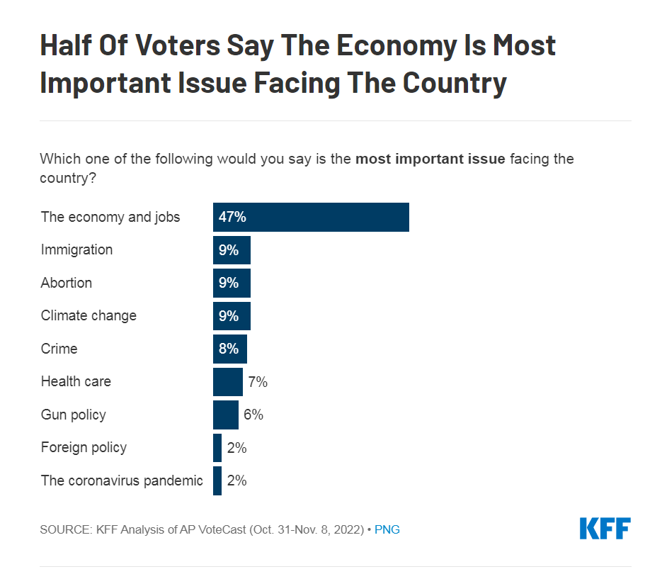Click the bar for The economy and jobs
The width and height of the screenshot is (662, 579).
pos(333,217)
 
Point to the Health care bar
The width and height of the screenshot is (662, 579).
pos(228,382)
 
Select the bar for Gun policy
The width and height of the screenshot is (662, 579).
pos(226,415)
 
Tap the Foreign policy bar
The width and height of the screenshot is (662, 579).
pos(217,448)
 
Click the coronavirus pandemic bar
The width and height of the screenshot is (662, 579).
pos(217,480)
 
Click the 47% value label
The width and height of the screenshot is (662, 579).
pos(232,217)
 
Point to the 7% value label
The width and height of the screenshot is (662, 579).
pos(258,382)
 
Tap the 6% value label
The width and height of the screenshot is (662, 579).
pos(253,415)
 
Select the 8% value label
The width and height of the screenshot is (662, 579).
pos(229,349)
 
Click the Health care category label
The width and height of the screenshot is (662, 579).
pos(76,381)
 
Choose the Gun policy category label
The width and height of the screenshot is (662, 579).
pos(73,415)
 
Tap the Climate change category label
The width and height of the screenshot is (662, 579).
pos(89,315)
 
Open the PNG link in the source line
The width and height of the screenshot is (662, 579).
pos(387,529)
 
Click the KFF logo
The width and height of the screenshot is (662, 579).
pos(605,529)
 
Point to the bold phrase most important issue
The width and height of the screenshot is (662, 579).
pos(430,159)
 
